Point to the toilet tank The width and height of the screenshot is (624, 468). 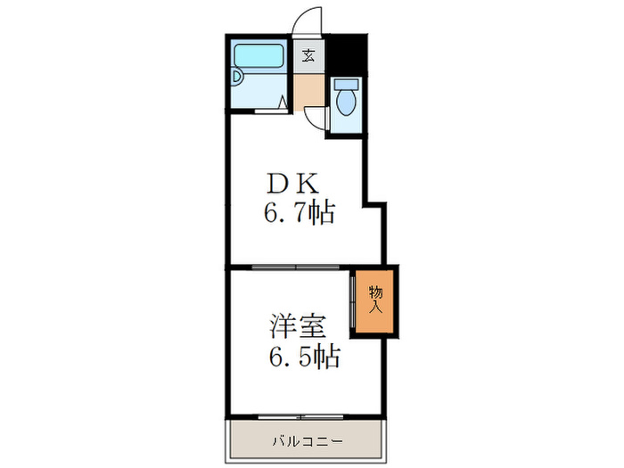(346, 84)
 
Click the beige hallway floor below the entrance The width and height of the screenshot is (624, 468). (309, 89)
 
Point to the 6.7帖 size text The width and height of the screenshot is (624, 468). (298, 214)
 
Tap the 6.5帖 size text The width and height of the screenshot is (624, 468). (303, 357)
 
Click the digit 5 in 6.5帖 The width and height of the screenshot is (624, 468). (305, 357)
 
